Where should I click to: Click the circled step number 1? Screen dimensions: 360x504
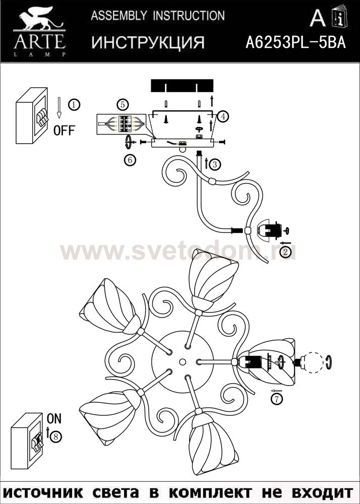[74, 105]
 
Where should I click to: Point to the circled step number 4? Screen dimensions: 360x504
[223, 116]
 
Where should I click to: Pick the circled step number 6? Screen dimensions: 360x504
[130, 160]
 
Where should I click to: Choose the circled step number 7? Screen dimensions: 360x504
[276, 399]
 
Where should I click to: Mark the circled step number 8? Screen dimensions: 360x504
[56, 436]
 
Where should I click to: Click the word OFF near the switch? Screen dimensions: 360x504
[64, 131]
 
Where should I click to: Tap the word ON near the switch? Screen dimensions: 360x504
[54, 418]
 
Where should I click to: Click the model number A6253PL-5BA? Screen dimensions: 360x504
[295, 42]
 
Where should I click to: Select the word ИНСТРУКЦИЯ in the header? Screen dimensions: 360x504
[148, 42]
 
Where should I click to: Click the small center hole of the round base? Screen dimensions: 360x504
[183, 362]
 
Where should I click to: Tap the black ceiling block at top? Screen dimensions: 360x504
[182, 86]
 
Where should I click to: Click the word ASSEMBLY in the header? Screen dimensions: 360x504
[119, 16]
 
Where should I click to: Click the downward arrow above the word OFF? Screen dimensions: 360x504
[59, 107]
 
